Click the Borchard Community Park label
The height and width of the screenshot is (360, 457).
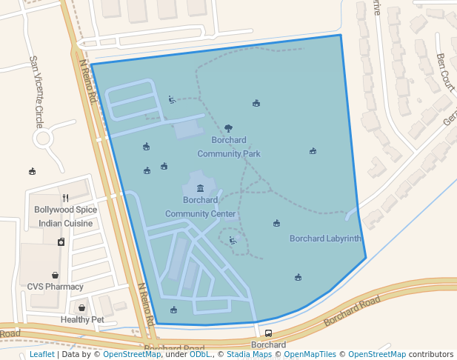tap(228, 147)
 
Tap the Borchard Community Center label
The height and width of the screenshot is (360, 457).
tap(200, 207)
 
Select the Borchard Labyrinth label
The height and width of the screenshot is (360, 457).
tap(325, 239)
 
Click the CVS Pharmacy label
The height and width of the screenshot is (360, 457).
tap(56, 287)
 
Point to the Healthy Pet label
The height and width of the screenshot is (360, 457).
tap(82, 320)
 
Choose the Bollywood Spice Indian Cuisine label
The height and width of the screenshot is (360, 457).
tap(66, 216)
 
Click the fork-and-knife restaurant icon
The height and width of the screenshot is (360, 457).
tap(66, 198)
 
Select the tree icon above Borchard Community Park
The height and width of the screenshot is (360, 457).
tap(228, 128)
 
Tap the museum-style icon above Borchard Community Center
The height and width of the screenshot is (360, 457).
tap(200, 188)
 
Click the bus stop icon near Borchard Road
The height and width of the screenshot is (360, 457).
tap(268, 333)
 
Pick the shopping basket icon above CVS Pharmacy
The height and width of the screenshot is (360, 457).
tap(56, 275)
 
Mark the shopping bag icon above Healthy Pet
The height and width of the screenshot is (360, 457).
tap(81, 308)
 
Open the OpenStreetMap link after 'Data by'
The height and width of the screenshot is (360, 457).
tap(132, 355)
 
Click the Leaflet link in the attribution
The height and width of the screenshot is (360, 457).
tap(41, 355)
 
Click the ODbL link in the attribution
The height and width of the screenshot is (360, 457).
tap(200, 355)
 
